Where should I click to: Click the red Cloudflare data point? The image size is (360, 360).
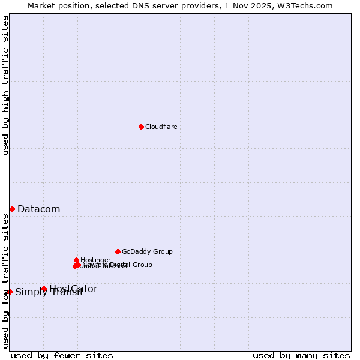click(x=141, y=127)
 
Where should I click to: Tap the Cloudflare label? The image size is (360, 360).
click(x=161, y=127)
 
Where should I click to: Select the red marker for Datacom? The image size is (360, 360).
click(x=12, y=209)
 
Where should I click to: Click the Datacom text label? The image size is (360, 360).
click(x=38, y=209)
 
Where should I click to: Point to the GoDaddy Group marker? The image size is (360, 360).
click(x=118, y=251)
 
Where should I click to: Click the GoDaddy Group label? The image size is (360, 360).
click(x=147, y=251)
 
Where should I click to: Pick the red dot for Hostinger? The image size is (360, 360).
click(x=76, y=260)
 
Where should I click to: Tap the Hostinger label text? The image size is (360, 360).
click(x=95, y=260)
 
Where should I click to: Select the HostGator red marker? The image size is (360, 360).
click(x=44, y=289)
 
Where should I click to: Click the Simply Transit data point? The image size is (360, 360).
click(x=10, y=292)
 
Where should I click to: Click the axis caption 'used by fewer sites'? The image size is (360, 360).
click(x=62, y=355)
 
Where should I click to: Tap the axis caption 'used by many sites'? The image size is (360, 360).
click(x=301, y=355)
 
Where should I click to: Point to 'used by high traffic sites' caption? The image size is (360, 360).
click(x=5, y=85)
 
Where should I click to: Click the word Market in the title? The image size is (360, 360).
click(x=41, y=5)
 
